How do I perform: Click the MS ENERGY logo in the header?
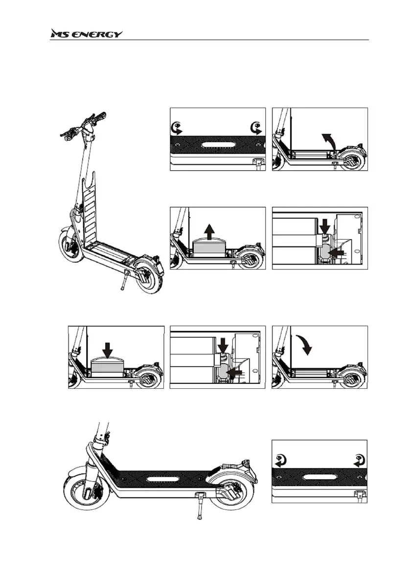point(87,34)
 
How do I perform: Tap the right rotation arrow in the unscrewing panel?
point(254,129)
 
